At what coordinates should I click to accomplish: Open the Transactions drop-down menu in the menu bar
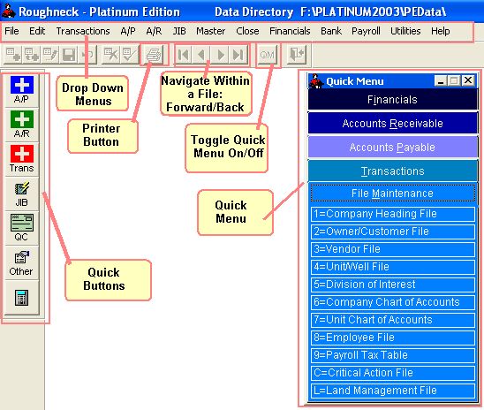coord(83,31)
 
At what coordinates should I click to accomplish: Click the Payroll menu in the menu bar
coord(366,31)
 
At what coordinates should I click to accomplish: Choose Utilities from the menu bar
coord(405,31)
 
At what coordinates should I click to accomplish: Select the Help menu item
coord(440,31)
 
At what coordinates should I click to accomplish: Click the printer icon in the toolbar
coord(154,55)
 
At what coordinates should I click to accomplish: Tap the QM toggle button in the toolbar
coord(267,55)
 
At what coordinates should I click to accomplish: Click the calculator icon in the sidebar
coord(21,298)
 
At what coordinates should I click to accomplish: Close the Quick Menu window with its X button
coord(468,80)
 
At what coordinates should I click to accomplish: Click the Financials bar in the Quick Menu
coord(392,100)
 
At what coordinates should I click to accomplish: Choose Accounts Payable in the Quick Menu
coord(392,148)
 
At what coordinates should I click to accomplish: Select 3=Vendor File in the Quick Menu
coord(393,249)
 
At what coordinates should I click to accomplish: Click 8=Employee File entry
coord(393,338)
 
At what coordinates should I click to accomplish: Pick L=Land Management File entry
coord(393,391)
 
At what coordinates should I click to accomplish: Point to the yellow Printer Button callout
coord(102,135)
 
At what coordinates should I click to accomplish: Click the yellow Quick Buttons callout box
coord(108,280)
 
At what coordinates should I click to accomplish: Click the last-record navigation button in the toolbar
coord(238,55)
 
